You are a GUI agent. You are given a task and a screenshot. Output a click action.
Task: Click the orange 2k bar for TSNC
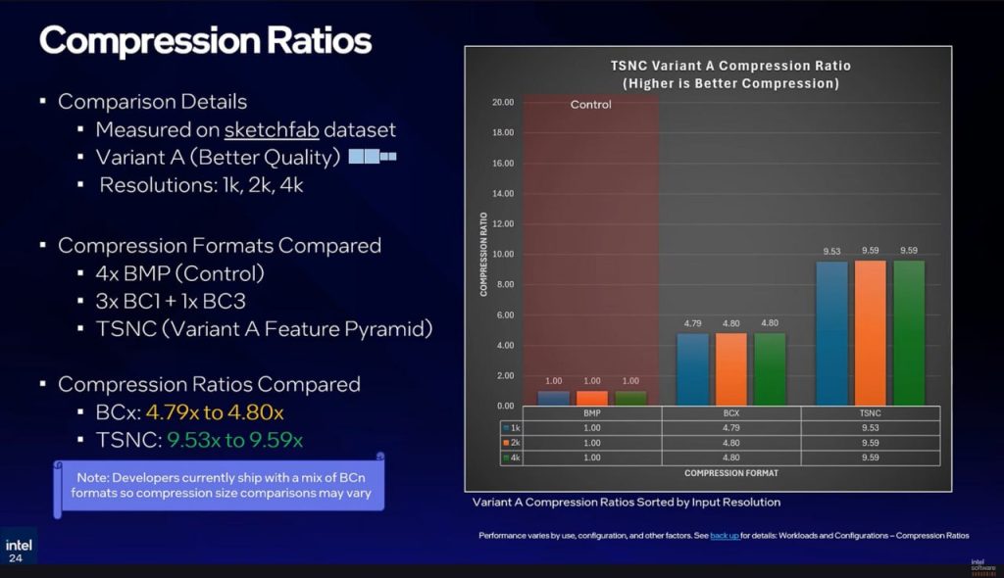point(871,333)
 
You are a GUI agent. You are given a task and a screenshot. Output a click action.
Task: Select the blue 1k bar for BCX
point(692,369)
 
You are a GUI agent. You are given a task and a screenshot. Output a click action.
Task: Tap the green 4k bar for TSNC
point(909,333)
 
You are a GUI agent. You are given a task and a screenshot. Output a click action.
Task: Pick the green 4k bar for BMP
point(630,398)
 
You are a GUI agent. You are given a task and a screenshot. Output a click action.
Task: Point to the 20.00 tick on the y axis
point(502,102)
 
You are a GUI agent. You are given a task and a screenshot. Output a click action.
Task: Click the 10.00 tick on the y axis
point(502,254)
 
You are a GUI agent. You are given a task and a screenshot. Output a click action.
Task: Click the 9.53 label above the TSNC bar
point(832,252)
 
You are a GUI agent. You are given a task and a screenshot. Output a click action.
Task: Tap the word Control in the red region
point(590,104)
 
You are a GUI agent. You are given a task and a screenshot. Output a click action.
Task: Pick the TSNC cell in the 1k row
point(871,428)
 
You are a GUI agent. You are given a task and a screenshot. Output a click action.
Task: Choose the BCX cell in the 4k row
point(730,457)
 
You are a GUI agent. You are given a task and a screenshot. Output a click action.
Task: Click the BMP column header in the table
point(591,414)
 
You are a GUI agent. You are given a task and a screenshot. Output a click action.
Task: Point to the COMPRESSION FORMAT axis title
point(731,473)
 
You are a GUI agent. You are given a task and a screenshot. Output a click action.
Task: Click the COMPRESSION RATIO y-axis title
point(483,253)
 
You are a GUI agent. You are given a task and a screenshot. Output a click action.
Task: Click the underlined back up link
point(725,536)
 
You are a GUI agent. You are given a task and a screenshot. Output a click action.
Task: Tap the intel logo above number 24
point(19,545)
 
